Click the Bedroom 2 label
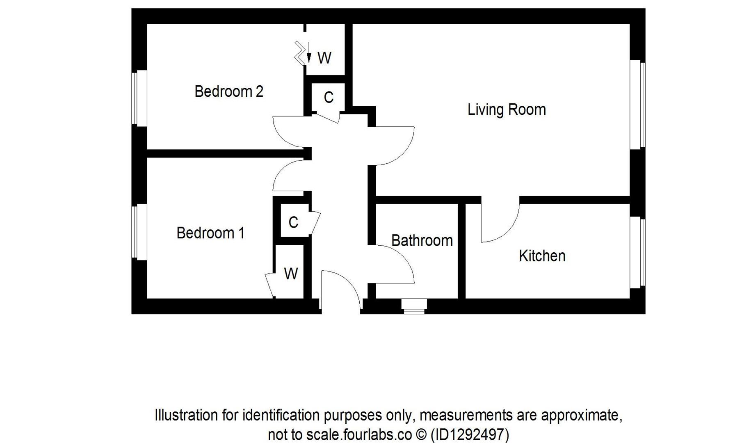tap(228, 91)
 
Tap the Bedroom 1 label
tap(210, 233)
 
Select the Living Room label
tap(507, 110)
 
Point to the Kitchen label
tap(542, 256)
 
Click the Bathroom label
tap(422, 240)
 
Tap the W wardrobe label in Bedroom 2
tap(324, 58)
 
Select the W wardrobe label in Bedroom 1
tap(291, 274)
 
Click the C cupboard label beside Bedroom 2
tap(328, 98)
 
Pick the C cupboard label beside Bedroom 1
tap(293, 222)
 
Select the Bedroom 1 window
tap(139, 232)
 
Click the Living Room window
tap(637, 105)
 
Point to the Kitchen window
tap(637, 252)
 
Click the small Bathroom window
tap(414, 306)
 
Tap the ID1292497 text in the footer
tap(470, 434)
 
